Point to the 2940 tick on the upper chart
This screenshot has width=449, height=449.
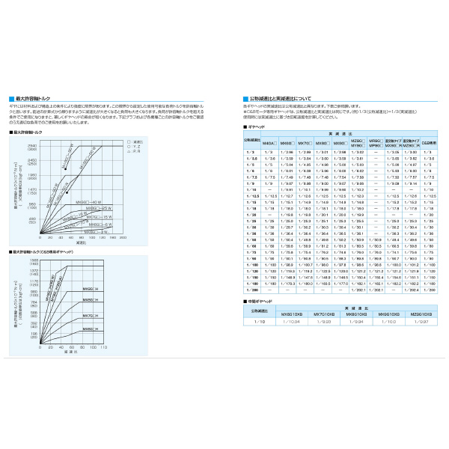(32, 146)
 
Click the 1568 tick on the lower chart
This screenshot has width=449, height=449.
(34, 260)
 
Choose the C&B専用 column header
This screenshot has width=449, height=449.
(429, 141)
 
